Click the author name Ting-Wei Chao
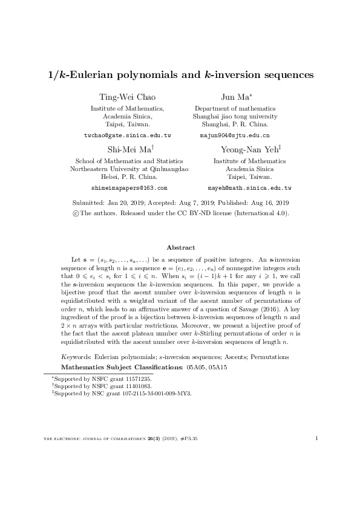127,97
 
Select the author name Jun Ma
233,97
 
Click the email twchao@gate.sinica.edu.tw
127,136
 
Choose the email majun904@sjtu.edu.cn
235,136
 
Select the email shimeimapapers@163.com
127,189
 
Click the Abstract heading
180,248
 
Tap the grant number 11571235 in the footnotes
136,378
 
